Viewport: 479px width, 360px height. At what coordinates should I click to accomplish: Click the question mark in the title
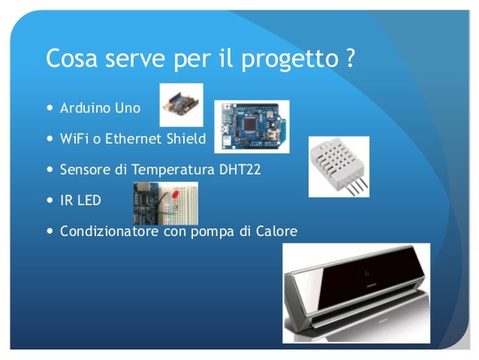pyautogui.click(x=351, y=58)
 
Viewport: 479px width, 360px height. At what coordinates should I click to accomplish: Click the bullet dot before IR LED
pyautogui.click(x=50, y=201)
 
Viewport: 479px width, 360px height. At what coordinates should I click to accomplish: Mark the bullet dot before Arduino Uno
pyautogui.click(x=50, y=109)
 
